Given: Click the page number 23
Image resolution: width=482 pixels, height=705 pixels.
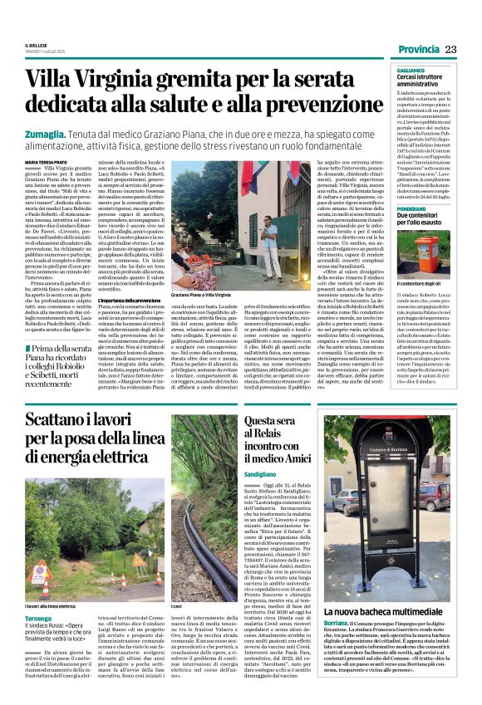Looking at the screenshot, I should coord(450,50).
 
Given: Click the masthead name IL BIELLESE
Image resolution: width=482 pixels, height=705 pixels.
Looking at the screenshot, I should coord(36,44).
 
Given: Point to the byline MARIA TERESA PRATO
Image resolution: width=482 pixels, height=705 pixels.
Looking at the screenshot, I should coord(48,161).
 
